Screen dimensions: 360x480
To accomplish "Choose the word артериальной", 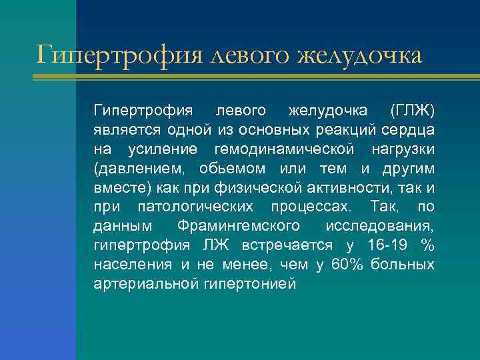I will click(144, 284).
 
